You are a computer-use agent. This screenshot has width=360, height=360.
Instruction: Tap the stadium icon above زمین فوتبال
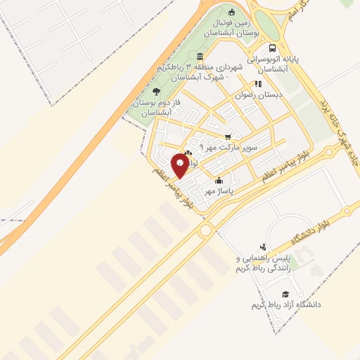tap(232, 11)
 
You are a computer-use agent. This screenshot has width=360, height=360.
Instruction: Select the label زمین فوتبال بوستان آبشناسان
tap(232, 27)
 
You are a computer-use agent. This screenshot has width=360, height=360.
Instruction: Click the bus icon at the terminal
tap(271, 49)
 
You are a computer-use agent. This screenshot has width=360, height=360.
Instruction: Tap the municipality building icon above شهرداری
tap(201, 56)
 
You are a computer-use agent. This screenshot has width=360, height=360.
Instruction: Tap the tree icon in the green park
tap(156, 91)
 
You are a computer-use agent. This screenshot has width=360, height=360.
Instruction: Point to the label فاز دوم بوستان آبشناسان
tap(157, 108)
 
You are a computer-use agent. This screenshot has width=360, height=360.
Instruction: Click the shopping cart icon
tap(227, 136)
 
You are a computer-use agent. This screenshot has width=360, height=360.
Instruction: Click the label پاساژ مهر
tap(219, 190)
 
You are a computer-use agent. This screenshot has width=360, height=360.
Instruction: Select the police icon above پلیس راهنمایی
tap(262, 247)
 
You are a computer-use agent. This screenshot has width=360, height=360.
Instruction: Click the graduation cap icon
tap(285, 294)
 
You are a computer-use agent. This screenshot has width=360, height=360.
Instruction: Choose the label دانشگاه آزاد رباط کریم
tap(285, 305)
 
